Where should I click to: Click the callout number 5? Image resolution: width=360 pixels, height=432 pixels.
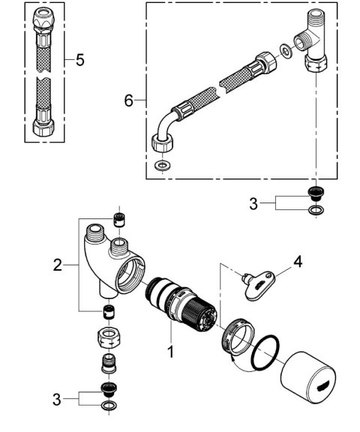pyautogui.click(x=79, y=61)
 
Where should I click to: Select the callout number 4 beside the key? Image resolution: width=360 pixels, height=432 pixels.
pyautogui.click(x=298, y=262)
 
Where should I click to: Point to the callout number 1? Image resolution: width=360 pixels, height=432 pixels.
pyautogui.click(x=171, y=350)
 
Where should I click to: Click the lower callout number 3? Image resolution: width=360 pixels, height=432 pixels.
pyautogui.click(x=57, y=399)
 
